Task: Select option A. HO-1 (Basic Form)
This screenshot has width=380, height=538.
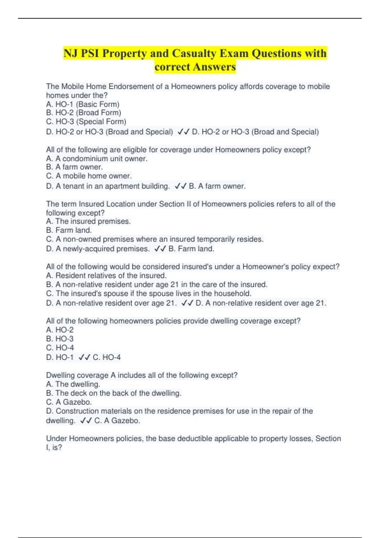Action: coord(83,104)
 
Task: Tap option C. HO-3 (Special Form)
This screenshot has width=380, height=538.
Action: coord(86,122)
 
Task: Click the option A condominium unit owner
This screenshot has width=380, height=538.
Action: coord(97,159)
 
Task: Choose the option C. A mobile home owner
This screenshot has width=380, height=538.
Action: coord(89,176)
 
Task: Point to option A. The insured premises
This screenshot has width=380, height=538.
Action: coord(88,221)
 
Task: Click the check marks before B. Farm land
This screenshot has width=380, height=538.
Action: coord(160,249)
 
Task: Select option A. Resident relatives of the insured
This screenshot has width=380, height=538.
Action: coord(106,276)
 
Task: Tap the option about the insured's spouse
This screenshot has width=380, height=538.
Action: coord(149,293)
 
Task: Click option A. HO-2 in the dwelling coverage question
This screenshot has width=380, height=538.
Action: coord(60,330)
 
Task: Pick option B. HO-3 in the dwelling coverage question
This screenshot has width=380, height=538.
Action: coord(60,339)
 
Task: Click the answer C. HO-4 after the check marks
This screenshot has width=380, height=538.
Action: coord(107,357)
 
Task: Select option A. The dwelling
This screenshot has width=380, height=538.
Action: coord(73,384)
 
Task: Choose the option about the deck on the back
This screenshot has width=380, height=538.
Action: coord(114,393)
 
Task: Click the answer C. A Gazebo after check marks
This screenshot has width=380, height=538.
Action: coord(117,421)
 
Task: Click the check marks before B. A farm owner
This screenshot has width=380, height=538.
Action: coord(180,186)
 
